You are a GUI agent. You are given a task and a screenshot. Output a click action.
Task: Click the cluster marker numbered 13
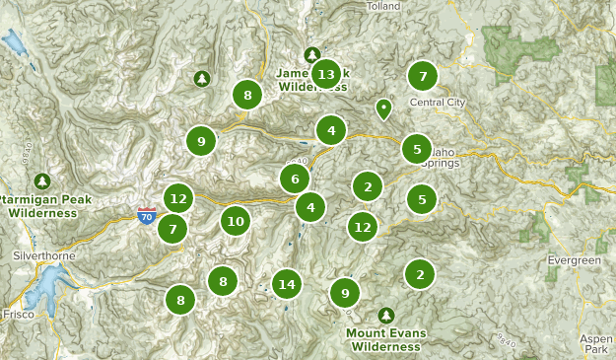(x=326, y=74)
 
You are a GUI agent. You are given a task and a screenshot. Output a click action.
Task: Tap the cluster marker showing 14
(x=287, y=284)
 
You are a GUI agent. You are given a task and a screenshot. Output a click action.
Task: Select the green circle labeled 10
(x=235, y=221)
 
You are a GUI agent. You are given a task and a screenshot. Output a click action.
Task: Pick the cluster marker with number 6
(x=294, y=179)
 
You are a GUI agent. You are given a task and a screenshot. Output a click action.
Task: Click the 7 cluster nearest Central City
(x=423, y=75)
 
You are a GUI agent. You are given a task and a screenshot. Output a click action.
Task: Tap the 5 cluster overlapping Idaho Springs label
(x=417, y=149)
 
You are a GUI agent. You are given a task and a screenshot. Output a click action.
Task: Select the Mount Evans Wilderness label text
(x=386, y=339)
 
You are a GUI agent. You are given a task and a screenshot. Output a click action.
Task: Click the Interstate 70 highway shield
(x=147, y=216)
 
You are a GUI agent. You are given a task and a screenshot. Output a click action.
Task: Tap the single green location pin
(x=383, y=108)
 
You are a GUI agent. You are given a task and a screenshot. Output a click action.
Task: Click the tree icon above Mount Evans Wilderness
(x=385, y=315)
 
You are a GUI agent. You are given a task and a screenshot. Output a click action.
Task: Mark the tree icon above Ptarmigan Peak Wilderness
(x=41, y=180)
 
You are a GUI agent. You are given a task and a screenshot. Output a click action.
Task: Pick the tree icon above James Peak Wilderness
(x=312, y=54)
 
